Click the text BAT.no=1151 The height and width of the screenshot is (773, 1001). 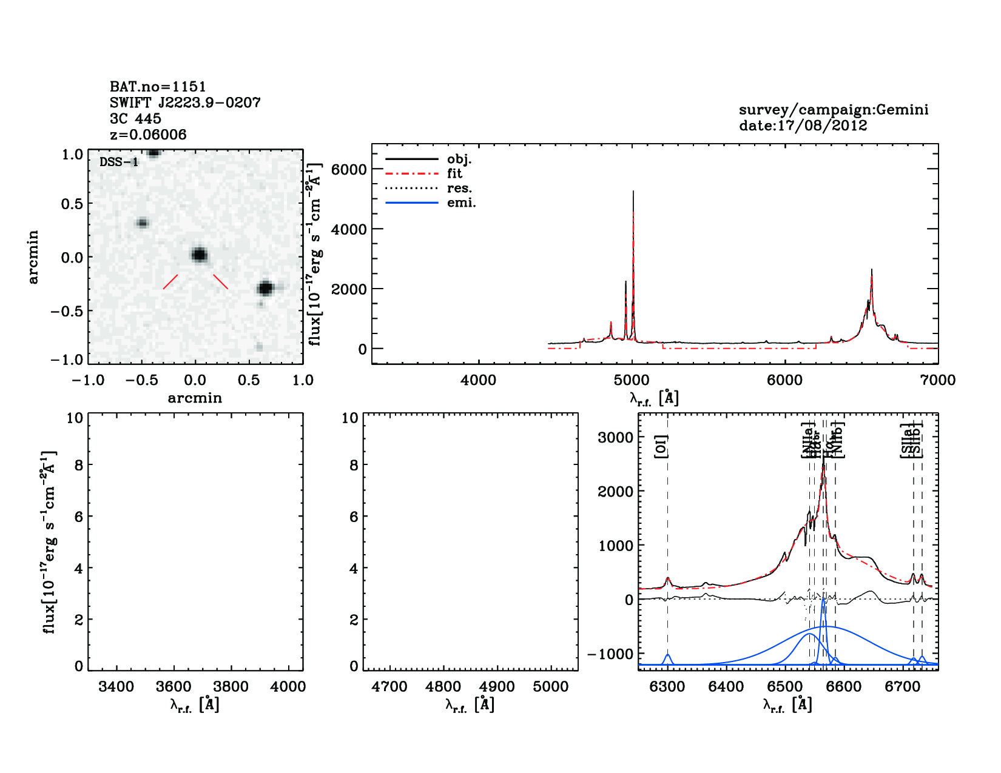coord(158,87)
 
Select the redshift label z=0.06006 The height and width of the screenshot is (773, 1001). coord(148,135)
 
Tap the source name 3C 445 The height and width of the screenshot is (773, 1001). coord(135,119)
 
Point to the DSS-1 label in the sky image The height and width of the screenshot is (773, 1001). coord(119,162)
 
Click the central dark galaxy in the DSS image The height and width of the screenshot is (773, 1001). coord(198,255)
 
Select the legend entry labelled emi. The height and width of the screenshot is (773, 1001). coord(461,203)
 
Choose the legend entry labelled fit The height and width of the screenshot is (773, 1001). coord(454,173)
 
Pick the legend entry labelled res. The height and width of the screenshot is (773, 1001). coord(459,189)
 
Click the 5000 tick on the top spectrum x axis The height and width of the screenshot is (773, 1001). coord(632,380)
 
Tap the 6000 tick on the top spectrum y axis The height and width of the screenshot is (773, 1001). coord(349,170)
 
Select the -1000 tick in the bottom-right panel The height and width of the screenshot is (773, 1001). coord(610,654)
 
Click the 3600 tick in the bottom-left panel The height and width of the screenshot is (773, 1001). coord(174,686)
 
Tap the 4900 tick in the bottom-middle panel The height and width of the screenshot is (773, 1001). coord(497,686)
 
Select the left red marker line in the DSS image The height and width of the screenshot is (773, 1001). coord(170,282)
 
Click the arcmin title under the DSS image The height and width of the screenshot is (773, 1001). coord(195,398)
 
